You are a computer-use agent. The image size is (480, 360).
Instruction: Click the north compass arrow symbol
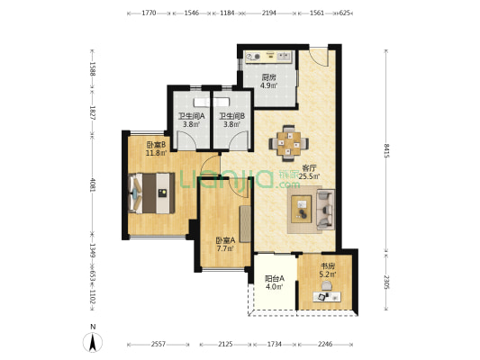point(93,342)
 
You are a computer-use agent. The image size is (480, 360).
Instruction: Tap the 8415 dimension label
point(386,150)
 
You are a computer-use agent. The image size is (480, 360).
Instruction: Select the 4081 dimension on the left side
point(92,183)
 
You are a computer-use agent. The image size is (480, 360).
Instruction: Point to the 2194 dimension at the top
point(268,13)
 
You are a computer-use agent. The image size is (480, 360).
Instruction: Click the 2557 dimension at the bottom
point(158,345)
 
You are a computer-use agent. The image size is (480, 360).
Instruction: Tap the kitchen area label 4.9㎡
point(269,85)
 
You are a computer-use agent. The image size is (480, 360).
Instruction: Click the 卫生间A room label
point(191,116)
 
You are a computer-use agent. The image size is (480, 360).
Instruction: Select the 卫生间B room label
point(232,116)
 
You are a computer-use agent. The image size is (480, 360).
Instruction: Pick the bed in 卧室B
point(151,193)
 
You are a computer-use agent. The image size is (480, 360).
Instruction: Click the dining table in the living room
point(289,143)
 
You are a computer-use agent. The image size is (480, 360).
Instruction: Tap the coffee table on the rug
point(301,209)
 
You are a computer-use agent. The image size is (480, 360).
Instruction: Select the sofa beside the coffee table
point(325,210)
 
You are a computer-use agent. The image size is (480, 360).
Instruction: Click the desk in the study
point(327,296)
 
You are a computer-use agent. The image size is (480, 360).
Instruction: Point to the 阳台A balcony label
point(275,279)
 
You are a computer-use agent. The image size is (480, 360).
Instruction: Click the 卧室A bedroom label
point(226,240)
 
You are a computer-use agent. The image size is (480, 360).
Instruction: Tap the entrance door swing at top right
point(319,58)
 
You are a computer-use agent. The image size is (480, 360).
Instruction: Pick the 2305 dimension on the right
point(386,282)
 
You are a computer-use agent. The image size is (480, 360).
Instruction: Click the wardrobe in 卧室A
point(245,224)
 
